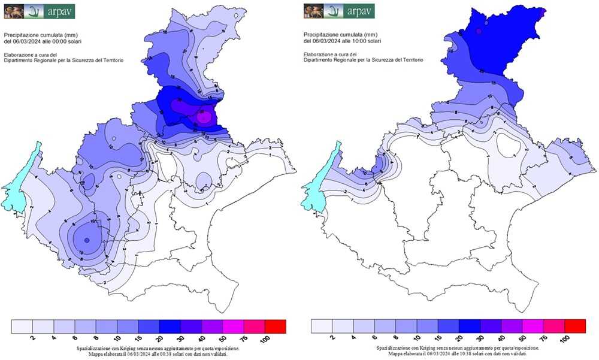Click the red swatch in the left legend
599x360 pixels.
pyautogui.click(x=276, y=326)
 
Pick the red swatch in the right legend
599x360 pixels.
pyautogui.click(x=575, y=326)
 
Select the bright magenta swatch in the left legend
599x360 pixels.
pyautogui.click(x=234, y=326)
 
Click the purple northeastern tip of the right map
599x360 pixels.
pyautogui.click(x=543, y=11)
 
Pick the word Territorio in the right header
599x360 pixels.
pyautogui.click(x=410, y=60)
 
